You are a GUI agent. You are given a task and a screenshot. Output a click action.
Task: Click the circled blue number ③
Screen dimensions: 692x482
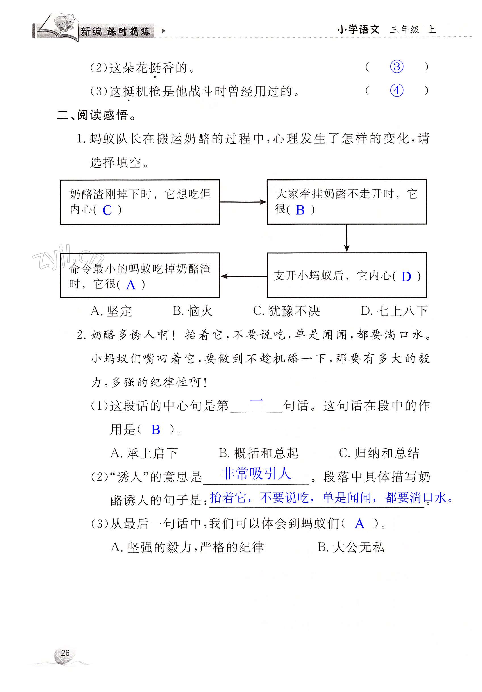[x=396, y=67]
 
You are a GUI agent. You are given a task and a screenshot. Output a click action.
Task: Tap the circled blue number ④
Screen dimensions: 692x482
[x=396, y=91]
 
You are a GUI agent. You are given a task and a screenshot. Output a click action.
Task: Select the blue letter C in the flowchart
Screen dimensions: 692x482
[x=107, y=210]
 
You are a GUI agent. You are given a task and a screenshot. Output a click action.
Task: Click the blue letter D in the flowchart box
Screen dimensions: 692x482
[x=406, y=276]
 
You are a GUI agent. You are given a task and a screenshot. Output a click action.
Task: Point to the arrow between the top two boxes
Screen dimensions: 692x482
[x=243, y=202]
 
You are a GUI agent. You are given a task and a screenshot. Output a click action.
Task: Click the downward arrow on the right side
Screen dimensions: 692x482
[x=347, y=238]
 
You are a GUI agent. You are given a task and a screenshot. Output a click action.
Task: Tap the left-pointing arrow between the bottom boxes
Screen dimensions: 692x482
[x=244, y=276]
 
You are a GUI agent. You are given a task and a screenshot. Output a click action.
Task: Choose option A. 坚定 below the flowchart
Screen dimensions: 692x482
[x=111, y=311]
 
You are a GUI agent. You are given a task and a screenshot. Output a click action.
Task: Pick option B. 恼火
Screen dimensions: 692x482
[x=193, y=311]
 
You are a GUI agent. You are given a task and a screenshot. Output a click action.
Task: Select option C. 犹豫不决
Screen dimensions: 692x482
[x=286, y=311]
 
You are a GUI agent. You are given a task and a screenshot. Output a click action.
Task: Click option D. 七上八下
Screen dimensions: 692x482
[x=394, y=311]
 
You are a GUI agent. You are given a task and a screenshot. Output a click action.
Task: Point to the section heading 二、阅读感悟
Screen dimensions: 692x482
[x=97, y=115]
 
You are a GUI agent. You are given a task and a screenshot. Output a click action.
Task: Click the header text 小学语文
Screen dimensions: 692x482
[x=358, y=30]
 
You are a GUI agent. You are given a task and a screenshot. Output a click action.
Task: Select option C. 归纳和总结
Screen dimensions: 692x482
[x=379, y=453]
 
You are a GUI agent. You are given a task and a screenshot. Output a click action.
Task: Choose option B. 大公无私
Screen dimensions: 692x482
[x=351, y=547]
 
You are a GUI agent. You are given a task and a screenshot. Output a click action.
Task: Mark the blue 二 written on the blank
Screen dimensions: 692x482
[x=256, y=400]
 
